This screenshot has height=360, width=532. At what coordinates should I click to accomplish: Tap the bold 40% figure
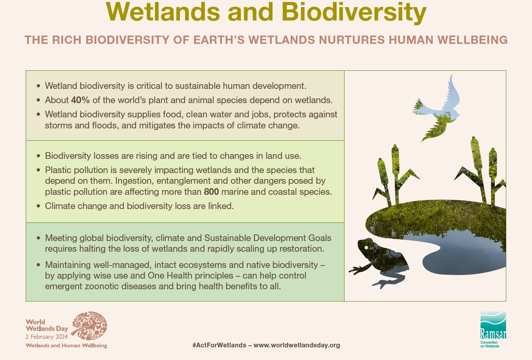80,100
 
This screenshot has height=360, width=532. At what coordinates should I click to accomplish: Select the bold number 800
211,192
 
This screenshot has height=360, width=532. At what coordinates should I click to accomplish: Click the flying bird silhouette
437,109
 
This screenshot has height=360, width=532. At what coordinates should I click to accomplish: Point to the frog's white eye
366,247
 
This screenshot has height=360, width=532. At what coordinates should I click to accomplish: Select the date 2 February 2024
47,337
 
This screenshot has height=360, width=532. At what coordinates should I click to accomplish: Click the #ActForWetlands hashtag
219,345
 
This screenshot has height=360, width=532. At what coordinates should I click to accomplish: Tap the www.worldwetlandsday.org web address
297,345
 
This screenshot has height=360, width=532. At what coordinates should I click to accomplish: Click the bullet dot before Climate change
39,206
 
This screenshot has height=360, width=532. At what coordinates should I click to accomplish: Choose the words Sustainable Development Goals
268,238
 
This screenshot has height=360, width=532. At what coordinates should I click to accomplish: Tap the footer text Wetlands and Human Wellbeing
66,345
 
